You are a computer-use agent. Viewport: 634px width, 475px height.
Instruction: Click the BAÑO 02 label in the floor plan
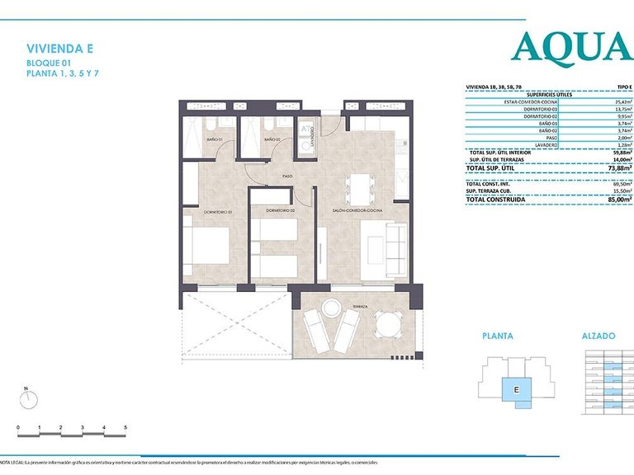pos(272,140)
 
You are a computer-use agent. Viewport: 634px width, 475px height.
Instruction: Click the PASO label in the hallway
pos(288,176)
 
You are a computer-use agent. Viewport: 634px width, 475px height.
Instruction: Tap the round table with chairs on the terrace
pos(385,325)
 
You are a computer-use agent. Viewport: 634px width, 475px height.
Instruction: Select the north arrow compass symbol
pos(29,398)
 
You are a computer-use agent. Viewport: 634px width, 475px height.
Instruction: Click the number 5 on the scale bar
pos(125,427)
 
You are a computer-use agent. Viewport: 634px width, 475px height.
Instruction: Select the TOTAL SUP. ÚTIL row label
pos(491,168)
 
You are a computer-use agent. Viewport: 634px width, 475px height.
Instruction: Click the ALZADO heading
pos(599,336)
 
